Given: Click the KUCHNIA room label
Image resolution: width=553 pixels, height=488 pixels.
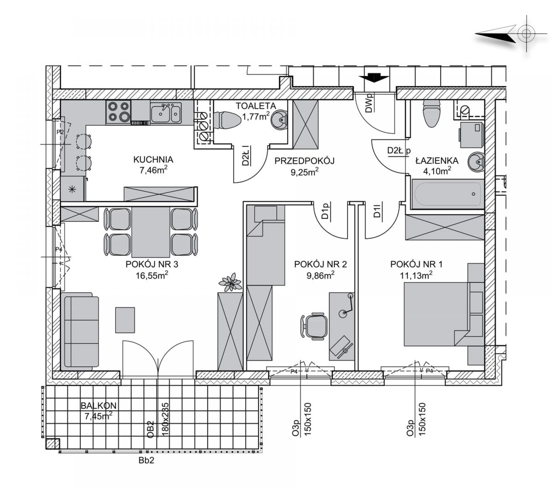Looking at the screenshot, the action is coord(153,159).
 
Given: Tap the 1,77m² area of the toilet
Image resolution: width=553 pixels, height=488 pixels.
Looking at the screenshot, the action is coord(256,116).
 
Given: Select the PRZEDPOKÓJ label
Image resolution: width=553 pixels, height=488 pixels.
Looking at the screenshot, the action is coord(304,161).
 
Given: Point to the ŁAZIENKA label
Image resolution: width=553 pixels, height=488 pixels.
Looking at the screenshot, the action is coord(437,160).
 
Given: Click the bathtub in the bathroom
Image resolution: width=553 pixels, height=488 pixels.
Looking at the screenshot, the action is coord(447,194).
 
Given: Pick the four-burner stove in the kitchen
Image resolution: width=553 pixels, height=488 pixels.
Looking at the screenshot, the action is coord(118,112).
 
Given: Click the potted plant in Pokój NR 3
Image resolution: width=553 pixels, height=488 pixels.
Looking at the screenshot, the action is coord(230,282).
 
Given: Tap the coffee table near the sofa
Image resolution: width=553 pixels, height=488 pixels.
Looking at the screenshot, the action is coord(125,320).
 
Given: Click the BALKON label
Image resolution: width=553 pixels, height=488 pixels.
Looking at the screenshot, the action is coord(99,406).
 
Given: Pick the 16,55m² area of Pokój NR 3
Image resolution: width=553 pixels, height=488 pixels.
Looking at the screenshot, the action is coord(152,275).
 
